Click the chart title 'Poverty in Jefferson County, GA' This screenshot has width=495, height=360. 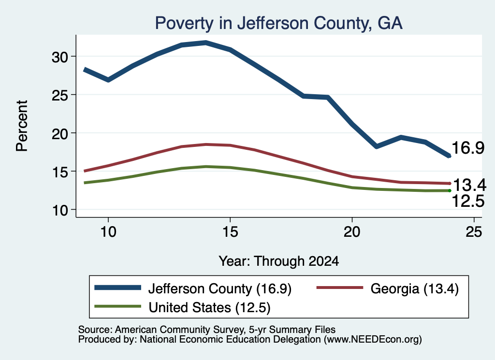tap(279, 23)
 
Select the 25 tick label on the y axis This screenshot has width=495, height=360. tap(59, 95)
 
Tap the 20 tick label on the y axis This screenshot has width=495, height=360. tap(59, 134)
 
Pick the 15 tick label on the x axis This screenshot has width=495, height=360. tap(230, 232)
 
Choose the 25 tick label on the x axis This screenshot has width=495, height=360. tap(474, 232)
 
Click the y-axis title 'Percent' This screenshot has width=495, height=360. tap(22, 126)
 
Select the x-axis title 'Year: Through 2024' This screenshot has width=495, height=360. tap(279, 261)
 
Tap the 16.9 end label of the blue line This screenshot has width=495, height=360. tap(468, 148)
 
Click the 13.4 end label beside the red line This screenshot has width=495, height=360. tap(469, 185)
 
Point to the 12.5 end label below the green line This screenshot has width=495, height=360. tap(468, 201)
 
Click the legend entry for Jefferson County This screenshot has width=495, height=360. tap(193, 288)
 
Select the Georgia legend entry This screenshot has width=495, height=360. tap(388, 288)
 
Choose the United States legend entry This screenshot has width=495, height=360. tap(182, 307)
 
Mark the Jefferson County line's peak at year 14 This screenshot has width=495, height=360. tap(206, 43)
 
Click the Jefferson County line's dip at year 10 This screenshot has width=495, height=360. tap(108, 80)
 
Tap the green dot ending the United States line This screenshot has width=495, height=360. tap(450, 190)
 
